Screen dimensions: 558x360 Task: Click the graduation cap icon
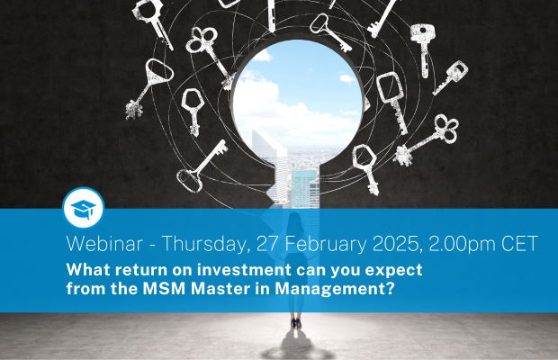click(x=84, y=209)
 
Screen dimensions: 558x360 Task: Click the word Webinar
click(x=104, y=244)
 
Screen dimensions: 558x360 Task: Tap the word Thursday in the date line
click(x=204, y=245)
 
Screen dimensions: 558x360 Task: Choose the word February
click(x=326, y=245)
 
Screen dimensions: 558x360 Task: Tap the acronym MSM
click(x=164, y=289)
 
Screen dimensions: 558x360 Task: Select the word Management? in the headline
click(x=335, y=289)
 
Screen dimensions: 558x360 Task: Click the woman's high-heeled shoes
click(x=296, y=322)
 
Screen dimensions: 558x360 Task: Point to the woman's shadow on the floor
click(x=297, y=346)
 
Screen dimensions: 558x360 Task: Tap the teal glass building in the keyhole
click(x=304, y=189)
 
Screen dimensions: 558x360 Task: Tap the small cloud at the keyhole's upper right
click(x=347, y=78)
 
